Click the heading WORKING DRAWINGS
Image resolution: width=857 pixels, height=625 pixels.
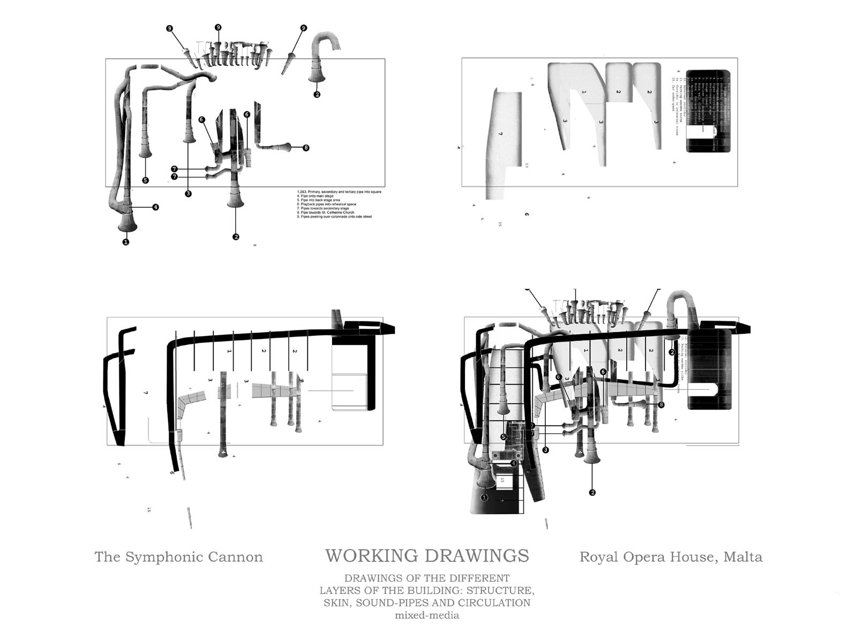(x=427, y=556)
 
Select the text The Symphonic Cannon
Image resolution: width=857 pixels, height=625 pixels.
(x=178, y=557)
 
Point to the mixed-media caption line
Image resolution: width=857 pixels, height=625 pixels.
(x=427, y=615)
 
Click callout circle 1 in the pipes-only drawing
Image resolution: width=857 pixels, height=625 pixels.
(x=126, y=242)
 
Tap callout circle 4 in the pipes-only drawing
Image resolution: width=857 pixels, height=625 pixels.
(x=155, y=207)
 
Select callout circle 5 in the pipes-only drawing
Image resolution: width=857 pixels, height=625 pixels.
(x=145, y=180)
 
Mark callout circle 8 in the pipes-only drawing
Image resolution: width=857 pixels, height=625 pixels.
(x=306, y=148)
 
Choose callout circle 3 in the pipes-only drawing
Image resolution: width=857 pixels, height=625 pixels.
(x=188, y=194)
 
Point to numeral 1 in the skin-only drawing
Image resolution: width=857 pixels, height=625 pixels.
(x=584, y=92)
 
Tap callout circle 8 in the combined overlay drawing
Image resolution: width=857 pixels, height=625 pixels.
(x=661, y=405)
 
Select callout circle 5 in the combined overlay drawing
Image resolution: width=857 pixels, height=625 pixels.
(x=503, y=437)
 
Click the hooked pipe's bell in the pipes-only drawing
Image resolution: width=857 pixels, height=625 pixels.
(x=317, y=78)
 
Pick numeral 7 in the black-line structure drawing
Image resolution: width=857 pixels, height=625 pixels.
(x=145, y=393)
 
